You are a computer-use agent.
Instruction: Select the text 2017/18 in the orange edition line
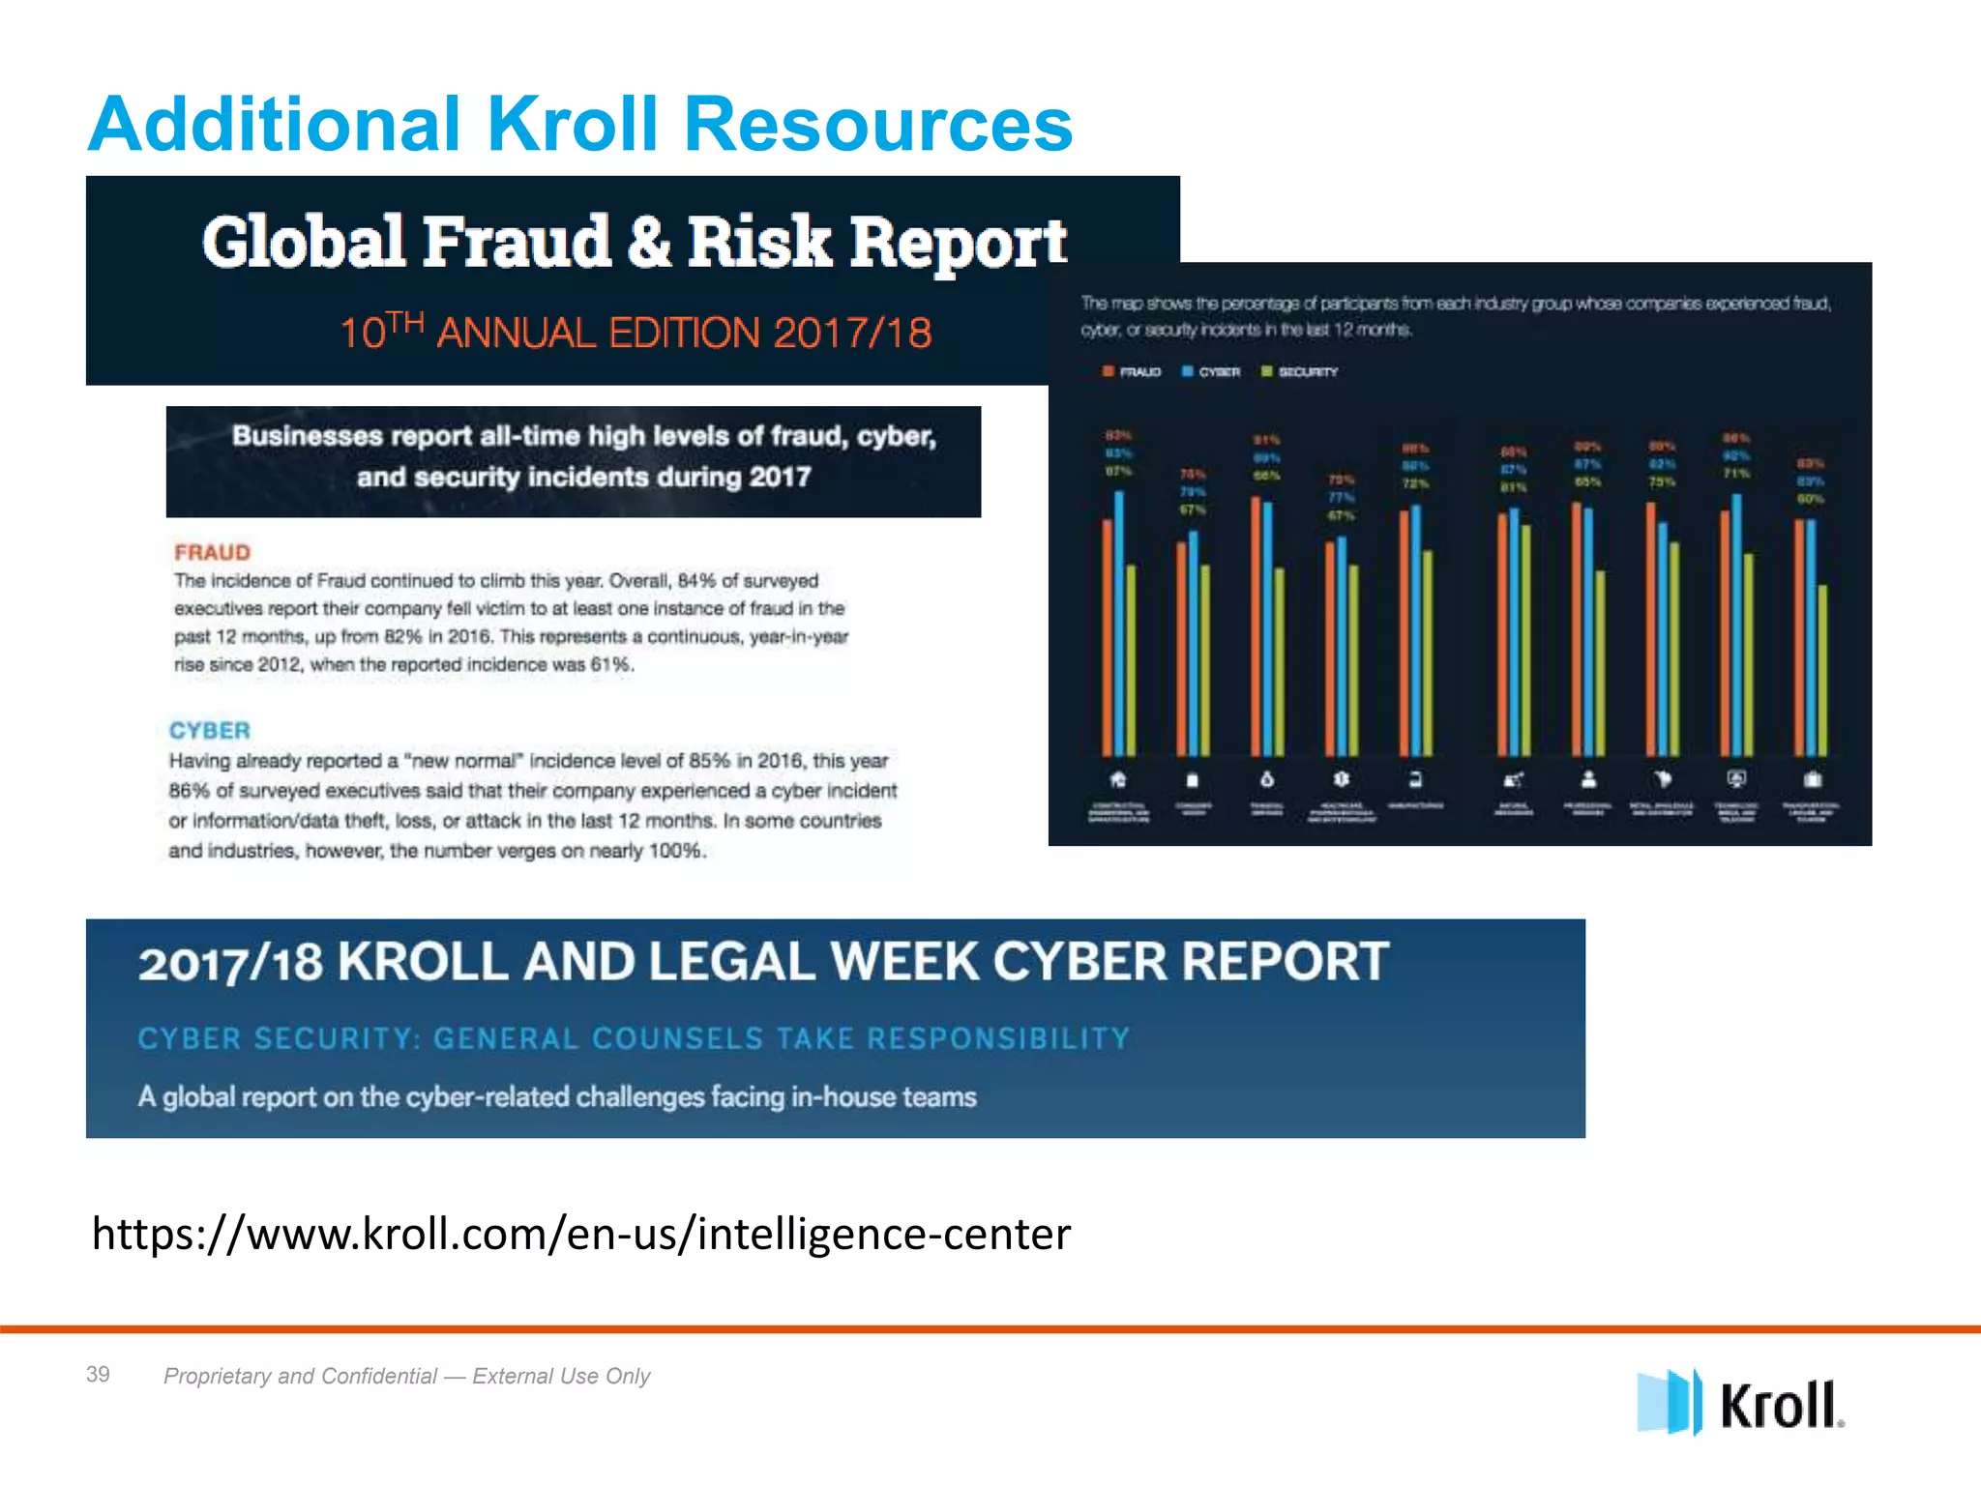click(x=852, y=334)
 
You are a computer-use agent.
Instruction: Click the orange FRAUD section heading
click(x=212, y=552)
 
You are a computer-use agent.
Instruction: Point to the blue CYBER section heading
click(x=210, y=730)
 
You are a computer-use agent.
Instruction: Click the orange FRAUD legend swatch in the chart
click(x=1109, y=371)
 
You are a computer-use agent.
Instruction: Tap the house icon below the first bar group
click(x=1118, y=779)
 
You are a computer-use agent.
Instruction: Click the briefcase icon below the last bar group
click(x=1813, y=779)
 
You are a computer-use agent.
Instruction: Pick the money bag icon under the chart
click(x=1267, y=779)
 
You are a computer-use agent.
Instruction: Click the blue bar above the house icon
click(x=1119, y=624)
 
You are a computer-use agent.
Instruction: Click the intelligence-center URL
click(x=581, y=1234)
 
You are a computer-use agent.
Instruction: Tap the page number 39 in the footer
click(x=98, y=1374)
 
